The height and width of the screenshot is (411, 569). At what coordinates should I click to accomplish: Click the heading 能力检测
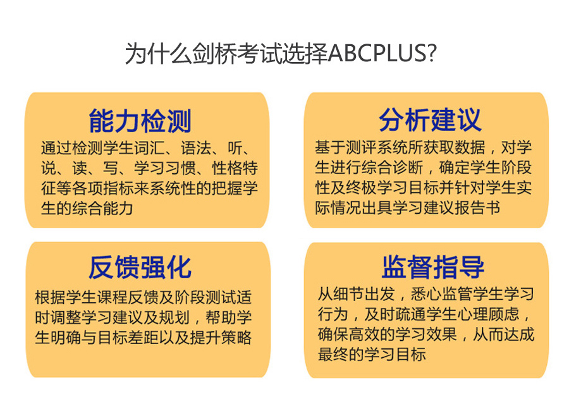[x=140, y=121]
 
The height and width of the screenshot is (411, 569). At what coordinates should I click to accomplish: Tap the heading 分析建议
[x=431, y=120]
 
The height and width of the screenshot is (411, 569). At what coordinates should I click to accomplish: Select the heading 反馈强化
[x=140, y=267]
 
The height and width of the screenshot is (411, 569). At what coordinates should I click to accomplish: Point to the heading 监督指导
[x=433, y=267]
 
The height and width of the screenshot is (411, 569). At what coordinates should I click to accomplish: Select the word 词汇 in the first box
[x=149, y=148]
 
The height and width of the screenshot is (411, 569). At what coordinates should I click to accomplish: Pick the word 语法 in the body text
[x=196, y=148]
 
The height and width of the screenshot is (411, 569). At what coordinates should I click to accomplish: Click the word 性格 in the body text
[x=227, y=168]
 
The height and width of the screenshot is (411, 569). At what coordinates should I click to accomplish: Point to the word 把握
[x=227, y=188]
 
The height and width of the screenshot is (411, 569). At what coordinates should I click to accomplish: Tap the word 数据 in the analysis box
[x=470, y=147]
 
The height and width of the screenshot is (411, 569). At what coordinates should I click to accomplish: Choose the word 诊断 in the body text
[x=408, y=167]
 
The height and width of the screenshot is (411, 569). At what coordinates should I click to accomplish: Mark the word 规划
[x=175, y=317]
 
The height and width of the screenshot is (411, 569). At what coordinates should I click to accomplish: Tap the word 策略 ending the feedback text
[x=236, y=337]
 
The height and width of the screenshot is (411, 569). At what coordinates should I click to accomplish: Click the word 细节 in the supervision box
[x=349, y=293]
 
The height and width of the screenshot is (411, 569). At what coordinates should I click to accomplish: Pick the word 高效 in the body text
[x=364, y=334]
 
